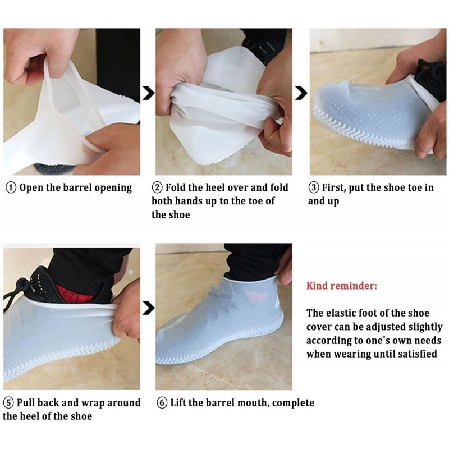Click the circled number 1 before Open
point(11,187)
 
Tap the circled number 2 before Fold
point(158,187)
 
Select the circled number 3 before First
point(314,187)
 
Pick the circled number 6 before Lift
point(162,403)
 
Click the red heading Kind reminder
point(342,286)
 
